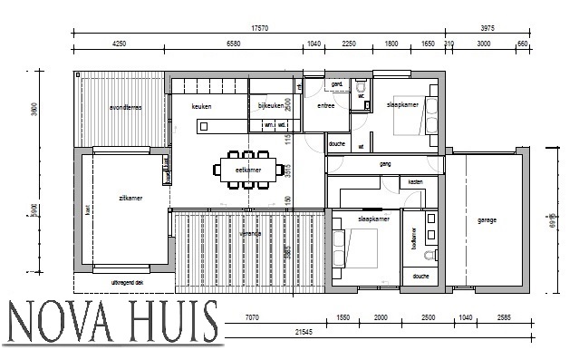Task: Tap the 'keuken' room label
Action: coord(202,107)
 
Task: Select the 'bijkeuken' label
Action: coord(272,107)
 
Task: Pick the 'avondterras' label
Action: coord(125,107)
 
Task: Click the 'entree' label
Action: coord(326,107)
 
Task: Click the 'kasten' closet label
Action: coord(415,182)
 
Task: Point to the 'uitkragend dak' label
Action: coord(127,282)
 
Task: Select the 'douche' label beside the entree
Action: coord(337,143)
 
